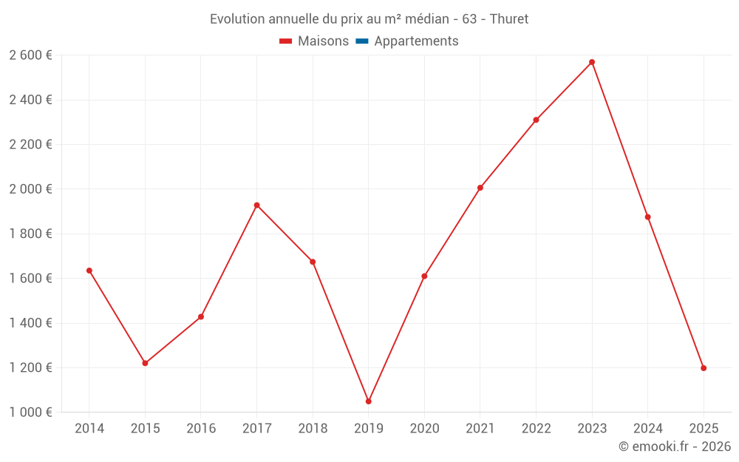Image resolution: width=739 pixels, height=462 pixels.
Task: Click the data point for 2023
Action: tap(592, 62)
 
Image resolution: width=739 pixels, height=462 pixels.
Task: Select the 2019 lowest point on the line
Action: tap(368, 401)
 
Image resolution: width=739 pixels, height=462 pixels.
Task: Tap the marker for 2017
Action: tap(256, 205)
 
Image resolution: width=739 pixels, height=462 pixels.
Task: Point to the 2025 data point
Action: tap(704, 368)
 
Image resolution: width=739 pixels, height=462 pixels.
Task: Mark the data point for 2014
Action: tap(89, 271)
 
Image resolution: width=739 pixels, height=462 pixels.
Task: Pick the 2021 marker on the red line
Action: tap(480, 188)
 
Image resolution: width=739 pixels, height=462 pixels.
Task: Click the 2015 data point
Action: tap(145, 363)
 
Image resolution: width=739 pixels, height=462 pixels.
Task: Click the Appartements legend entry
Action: tap(416, 41)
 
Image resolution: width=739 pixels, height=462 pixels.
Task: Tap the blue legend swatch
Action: tap(362, 41)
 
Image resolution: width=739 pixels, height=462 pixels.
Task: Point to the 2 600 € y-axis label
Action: tap(30, 55)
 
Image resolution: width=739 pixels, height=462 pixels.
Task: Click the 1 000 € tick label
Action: tap(30, 412)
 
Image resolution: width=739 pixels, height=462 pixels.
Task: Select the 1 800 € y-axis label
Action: tap(30, 234)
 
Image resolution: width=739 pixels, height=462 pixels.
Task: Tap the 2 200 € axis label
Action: tap(30, 145)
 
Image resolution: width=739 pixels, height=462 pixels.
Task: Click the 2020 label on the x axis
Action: tap(424, 429)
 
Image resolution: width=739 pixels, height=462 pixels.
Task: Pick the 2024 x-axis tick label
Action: tap(647, 429)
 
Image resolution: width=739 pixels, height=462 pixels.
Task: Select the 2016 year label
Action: tap(201, 429)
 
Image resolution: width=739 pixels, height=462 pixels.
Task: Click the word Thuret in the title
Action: tap(509, 19)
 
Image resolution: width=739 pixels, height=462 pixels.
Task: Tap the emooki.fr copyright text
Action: tap(675, 446)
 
